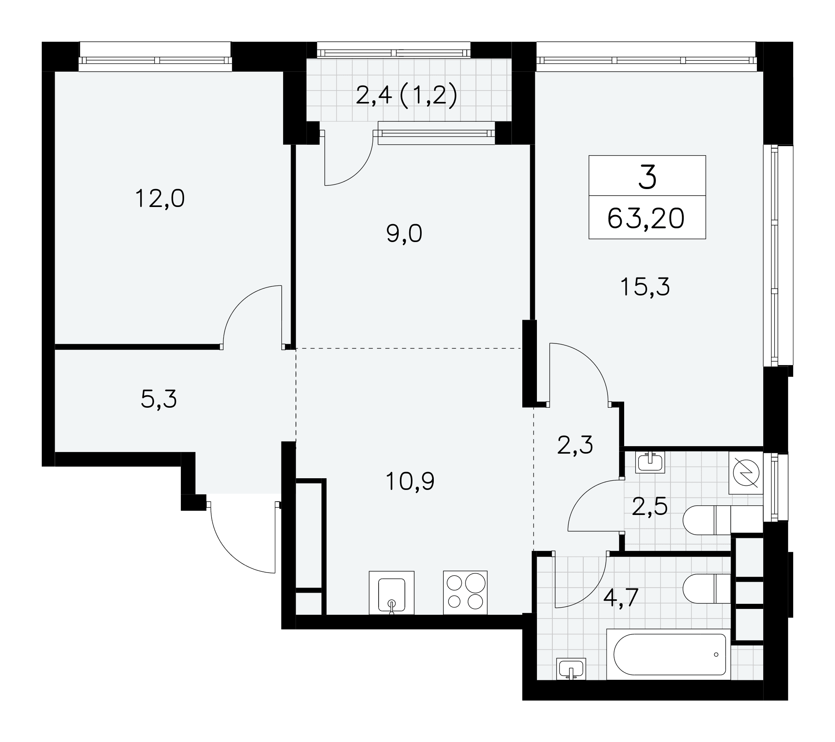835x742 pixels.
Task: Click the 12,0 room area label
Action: click(160, 199)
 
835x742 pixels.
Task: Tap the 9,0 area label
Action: click(404, 234)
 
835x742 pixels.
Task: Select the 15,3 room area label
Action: click(645, 287)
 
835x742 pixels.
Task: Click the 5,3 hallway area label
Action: click(159, 399)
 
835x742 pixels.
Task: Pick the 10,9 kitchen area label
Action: click(410, 482)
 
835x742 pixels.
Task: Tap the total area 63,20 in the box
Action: click(646, 219)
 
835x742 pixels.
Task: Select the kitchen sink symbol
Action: click(392, 593)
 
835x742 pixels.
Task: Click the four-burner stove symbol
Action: click(465, 593)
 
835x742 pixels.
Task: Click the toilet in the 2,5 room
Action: click(723, 520)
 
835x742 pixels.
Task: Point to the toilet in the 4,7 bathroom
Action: click(707, 589)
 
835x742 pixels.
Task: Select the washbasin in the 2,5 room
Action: click(650, 462)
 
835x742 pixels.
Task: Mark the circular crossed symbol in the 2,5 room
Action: click(746, 473)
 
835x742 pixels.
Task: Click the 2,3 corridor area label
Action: click(575, 445)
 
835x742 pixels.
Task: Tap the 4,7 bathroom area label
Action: click(621, 598)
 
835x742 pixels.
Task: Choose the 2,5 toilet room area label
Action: click(650, 507)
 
